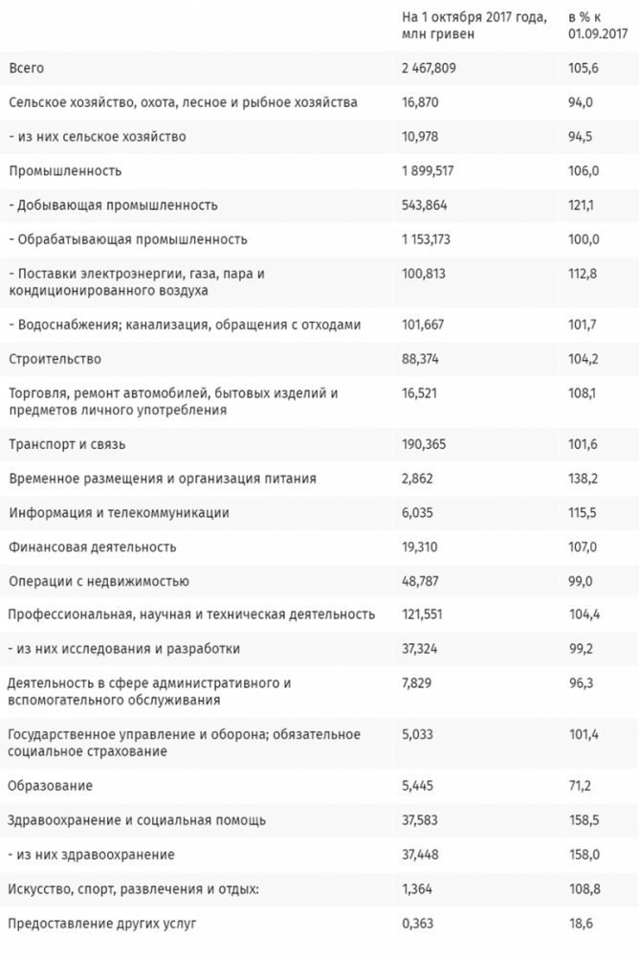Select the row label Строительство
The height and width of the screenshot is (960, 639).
pyautogui.click(x=55, y=359)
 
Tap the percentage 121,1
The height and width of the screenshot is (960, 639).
pyautogui.click(x=582, y=205)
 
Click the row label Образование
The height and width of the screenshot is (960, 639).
pyautogui.click(x=50, y=786)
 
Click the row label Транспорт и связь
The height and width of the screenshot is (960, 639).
pyautogui.click(x=67, y=444)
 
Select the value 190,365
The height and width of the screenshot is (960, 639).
pyautogui.click(x=424, y=444)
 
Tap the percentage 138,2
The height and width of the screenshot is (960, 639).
pyautogui.click(x=582, y=479)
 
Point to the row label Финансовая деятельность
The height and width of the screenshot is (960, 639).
pyautogui.click(x=93, y=547)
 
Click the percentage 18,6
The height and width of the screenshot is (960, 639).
pyautogui.click(x=579, y=924)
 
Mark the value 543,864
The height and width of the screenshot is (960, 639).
pyautogui.click(x=424, y=205)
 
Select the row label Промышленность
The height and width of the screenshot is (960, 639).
pyautogui.click(x=64, y=171)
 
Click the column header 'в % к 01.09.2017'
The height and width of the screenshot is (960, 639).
pyautogui.click(x=595, y=25)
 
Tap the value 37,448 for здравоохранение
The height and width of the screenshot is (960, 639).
pyautogui.click(x=421, y=855)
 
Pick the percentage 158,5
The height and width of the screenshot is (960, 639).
pyautogui.click(x=582, y=820)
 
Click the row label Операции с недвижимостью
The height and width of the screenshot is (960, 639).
pyautogui.click(x=99, y=582)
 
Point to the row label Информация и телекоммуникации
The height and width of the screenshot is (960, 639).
pyautogui.click(x=119, y=513)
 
